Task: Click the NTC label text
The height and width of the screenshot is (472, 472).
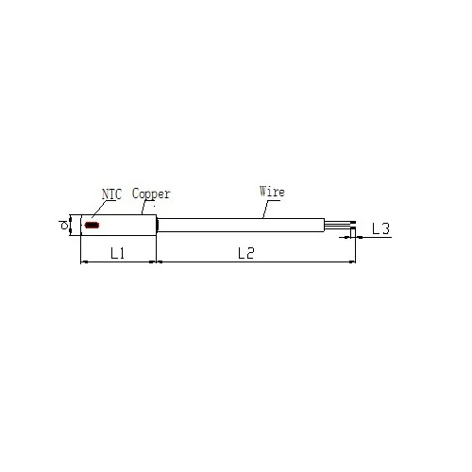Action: click(111, 194)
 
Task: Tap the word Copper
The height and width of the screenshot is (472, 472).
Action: click(151, 194)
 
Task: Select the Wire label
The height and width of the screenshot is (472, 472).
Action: click(272, 192)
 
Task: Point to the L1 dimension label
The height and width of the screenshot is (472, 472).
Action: click(118, 253)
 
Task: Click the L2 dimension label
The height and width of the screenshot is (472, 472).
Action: click(245, 253)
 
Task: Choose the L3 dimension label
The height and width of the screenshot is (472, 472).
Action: click(380, 228)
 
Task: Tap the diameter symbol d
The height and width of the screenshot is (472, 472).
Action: click(64, 226)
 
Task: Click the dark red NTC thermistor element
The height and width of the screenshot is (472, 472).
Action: click(93, 225)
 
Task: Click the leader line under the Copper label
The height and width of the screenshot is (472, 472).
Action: click(143, 208)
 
